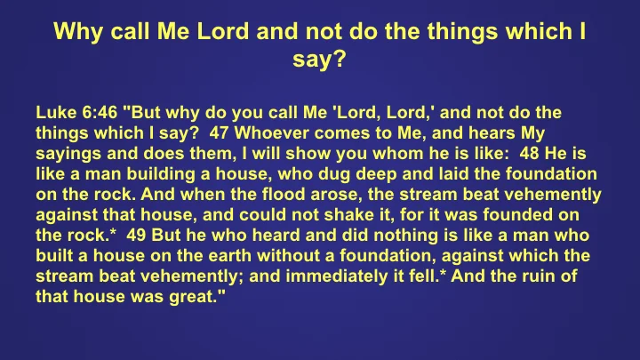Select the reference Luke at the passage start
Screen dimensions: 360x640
[x=55, y=115]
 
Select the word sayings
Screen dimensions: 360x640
[x=67, y=155]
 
